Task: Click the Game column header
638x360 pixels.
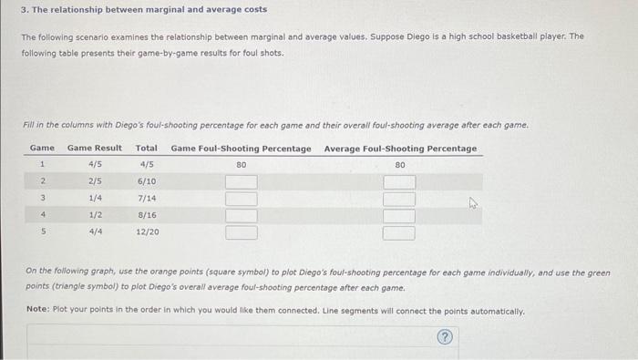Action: tap(42, 148)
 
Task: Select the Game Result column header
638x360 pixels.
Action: tap(95, 148)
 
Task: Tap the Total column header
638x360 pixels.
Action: tap(146, 148)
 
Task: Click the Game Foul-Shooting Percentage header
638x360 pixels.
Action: tap(241, 148)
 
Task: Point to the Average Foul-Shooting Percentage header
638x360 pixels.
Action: tap(400, 148)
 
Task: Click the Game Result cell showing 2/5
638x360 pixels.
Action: tap(96, 181)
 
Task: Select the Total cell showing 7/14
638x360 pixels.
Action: tap(147, 198)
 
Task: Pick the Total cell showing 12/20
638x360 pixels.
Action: tap(147, 231)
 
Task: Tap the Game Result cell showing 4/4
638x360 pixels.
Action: tap(96, 231)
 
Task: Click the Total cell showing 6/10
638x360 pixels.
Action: tap(147, 181)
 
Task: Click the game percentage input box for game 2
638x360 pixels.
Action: tap(242, 181)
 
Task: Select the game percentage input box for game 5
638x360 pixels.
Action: tap(242, 231)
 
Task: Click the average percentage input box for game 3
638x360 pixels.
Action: tap(399, 199)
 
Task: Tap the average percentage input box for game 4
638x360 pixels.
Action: tap(399, 215)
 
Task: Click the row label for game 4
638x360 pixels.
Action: tap(42, 215)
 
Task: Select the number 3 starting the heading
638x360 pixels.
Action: tap(24, 9)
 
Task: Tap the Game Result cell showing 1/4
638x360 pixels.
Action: tap(96, 198)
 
